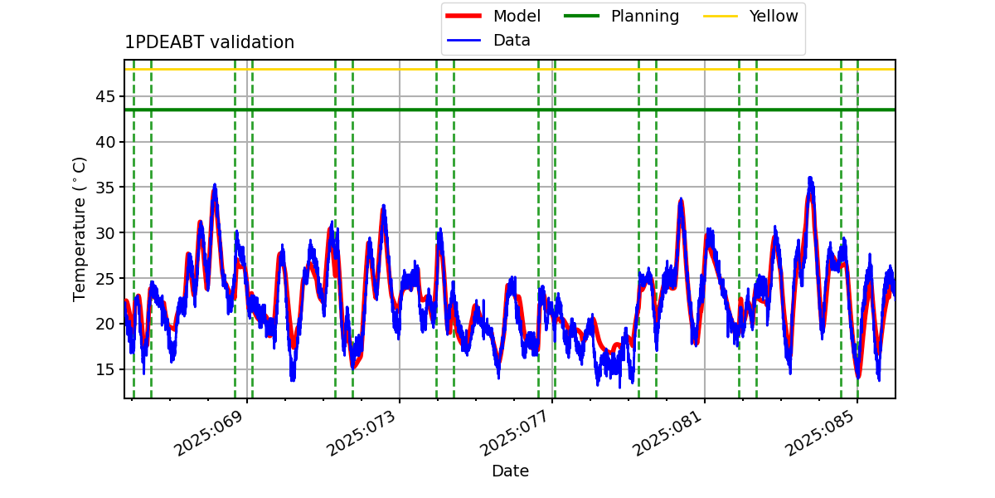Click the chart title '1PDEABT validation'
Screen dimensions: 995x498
point(209,42)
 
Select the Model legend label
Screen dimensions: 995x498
point(517,16)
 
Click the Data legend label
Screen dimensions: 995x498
point(512,41)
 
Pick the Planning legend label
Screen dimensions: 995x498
point(645,16)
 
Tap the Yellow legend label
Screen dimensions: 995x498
point(774,16)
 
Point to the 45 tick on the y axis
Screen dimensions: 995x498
point(104,96)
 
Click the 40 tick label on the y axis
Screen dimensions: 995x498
point(104,142)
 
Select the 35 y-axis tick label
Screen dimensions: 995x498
point(104,188)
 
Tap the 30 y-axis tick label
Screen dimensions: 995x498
point(104,232)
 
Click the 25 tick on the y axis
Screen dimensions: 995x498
point(104,278)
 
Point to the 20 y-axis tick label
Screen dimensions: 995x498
point(104,324)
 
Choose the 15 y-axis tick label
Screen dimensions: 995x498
point(104,369)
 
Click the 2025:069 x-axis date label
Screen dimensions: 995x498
point(209,433)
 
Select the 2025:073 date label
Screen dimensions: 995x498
point(362,433)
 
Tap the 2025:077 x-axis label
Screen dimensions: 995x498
point(514,433)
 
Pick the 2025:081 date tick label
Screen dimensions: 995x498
point(667,433)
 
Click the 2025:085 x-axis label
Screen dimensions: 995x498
point(819,433)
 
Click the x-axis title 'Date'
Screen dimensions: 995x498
point(511,471)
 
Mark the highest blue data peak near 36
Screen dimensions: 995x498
point(810,178)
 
